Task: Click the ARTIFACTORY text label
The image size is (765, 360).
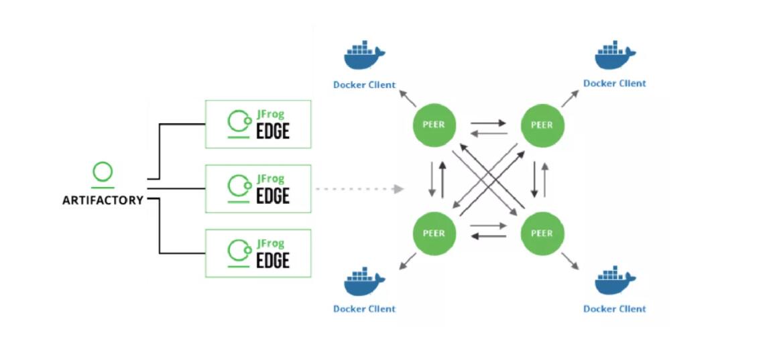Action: tap(103, 200)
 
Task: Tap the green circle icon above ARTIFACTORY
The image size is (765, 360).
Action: tap(103, 172)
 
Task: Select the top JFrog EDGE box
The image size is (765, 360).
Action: tap(258, 124)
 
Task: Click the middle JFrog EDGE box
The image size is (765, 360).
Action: tap(258, 189)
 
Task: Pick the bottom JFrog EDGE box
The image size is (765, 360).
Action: tap(258, 253)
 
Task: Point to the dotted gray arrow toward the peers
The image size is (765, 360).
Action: tap(359, 189)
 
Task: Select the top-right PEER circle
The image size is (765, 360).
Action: tap(542, 125)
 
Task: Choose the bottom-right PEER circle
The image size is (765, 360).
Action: tap(542, 233)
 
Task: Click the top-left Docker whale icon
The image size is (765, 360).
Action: tap(364, 57)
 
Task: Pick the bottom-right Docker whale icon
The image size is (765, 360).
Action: tap(615, 282)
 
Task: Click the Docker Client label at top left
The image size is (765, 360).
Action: tap(364, 85)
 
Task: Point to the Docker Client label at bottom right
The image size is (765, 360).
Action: tap(615, 309)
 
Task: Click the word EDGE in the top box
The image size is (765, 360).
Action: tap(273, 131)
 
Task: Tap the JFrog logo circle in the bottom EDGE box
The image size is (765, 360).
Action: tap(237, 251)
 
